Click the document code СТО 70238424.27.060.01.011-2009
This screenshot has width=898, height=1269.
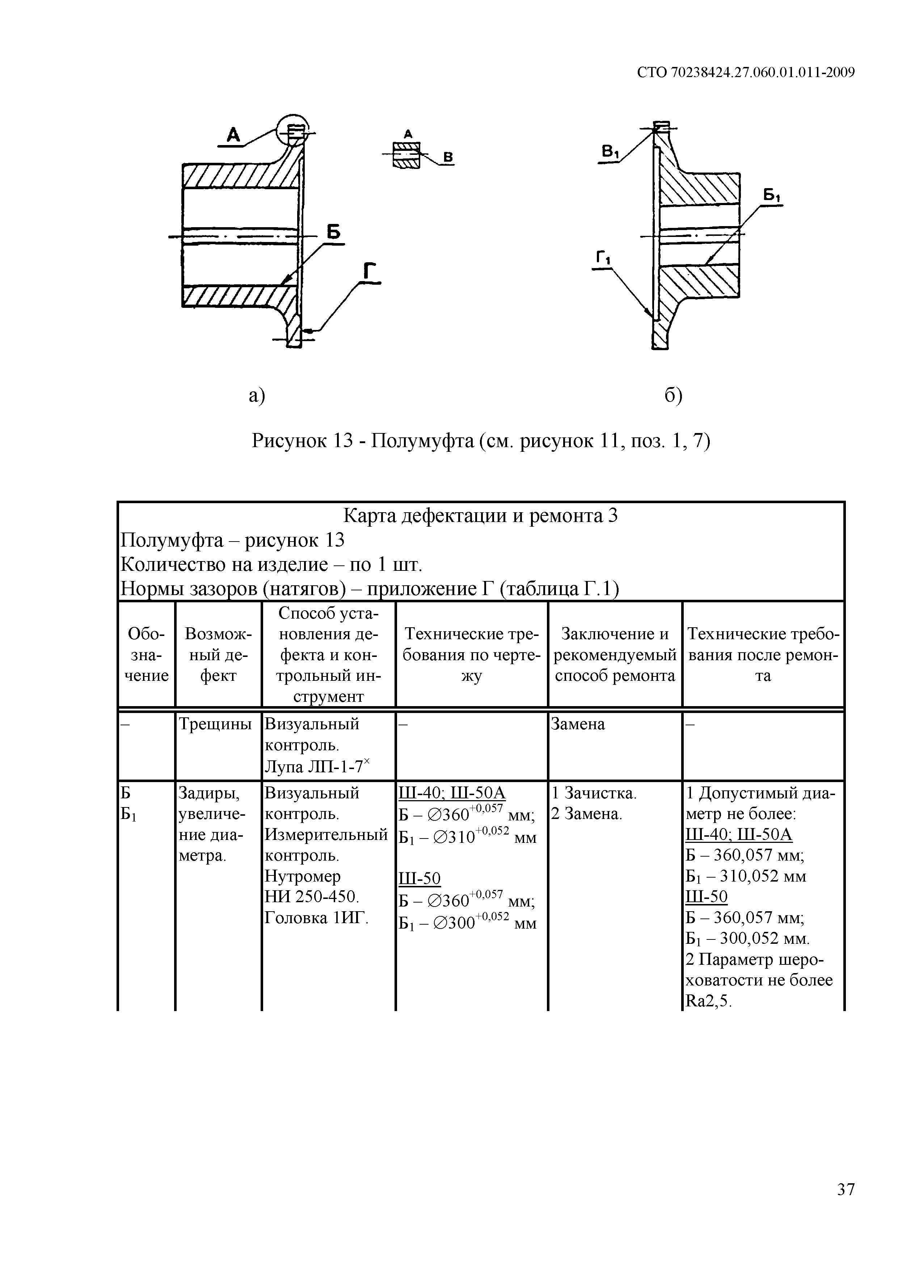click(x=745, y=72)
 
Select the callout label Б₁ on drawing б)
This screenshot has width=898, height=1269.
click(x=771, y=195)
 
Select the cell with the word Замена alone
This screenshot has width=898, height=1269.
click(x=578, y=724)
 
